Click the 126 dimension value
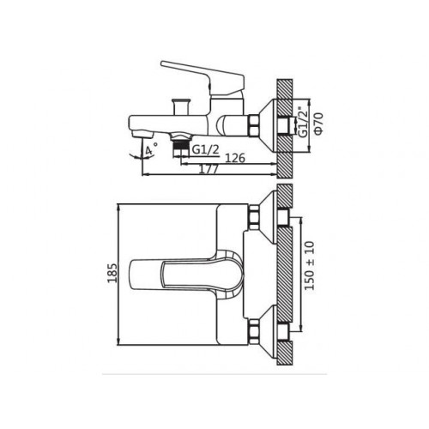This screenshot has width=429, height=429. (x=235, y=158)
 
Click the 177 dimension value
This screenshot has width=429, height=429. (x=208, y=169)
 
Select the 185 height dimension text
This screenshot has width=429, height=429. (x=112, y=273)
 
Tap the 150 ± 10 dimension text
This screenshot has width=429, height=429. (x=310, y=266)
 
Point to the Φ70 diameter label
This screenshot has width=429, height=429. (x=319, y=124)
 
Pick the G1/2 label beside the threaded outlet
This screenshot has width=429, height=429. (x=205, y=150)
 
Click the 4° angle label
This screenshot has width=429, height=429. (x=151, y=150)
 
